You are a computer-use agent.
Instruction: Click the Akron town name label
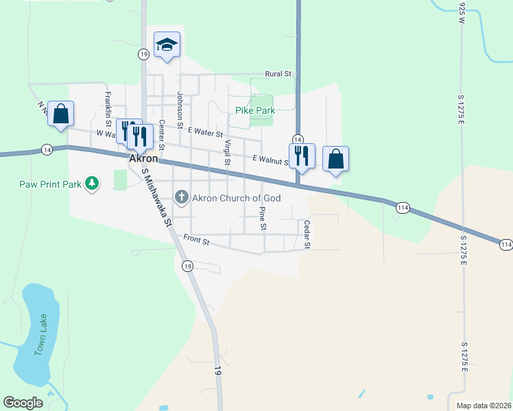(x=144, y=158)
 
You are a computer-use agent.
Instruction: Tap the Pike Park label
(x=255, y=110)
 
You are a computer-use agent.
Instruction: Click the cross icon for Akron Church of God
(x=182, y=198)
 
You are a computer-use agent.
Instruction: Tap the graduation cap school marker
(x=167, y=46)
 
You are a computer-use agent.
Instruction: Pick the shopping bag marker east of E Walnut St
(x=335, y=159)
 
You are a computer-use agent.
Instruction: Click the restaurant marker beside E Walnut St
(x=301, y=157)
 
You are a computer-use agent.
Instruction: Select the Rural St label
(x=279, y=73)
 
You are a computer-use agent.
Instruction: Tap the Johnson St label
(x=180, y=110)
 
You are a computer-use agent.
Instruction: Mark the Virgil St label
(x=226, y=152)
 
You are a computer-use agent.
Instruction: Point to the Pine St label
(x=262, y=216)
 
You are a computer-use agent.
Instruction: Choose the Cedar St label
(x=307, y=234)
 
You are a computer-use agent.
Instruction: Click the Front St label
(x=197, y=240)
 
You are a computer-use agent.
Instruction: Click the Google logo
(x=23, y=403)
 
